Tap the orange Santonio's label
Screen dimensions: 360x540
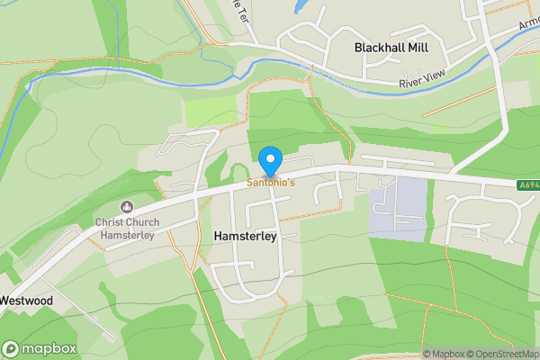(271, 182)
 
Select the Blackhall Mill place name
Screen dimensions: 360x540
(391, 47)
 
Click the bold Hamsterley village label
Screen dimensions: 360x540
(244, 235)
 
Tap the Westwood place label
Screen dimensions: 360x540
(26, 300)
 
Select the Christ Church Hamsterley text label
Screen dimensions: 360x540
(125, 229)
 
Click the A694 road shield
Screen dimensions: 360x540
(527, 186)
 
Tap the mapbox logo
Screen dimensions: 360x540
(40, 348)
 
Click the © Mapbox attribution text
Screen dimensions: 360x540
(443, 354)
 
